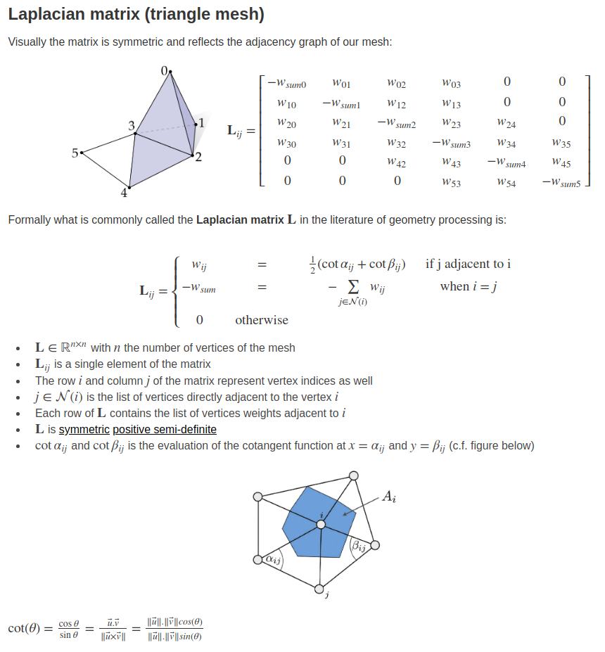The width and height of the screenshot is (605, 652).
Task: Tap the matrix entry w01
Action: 341,84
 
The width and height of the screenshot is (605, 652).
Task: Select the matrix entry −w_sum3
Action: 451,143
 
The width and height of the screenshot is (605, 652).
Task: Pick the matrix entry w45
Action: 561,162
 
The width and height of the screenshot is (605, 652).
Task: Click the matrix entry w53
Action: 451,182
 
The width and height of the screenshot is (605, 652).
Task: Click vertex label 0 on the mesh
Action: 164,71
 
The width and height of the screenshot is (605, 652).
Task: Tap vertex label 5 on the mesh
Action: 75,152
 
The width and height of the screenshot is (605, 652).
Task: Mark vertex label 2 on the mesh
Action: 198,157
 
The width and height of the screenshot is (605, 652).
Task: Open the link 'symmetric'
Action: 84,429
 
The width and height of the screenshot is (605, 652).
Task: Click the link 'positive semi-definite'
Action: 165,429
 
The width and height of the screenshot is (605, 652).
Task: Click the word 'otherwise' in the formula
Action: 262,320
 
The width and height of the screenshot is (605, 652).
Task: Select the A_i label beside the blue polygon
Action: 389,497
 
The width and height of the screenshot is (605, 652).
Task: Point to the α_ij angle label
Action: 272,560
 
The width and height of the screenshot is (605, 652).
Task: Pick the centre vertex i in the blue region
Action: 321,524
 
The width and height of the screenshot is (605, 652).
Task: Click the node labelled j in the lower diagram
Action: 319,589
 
